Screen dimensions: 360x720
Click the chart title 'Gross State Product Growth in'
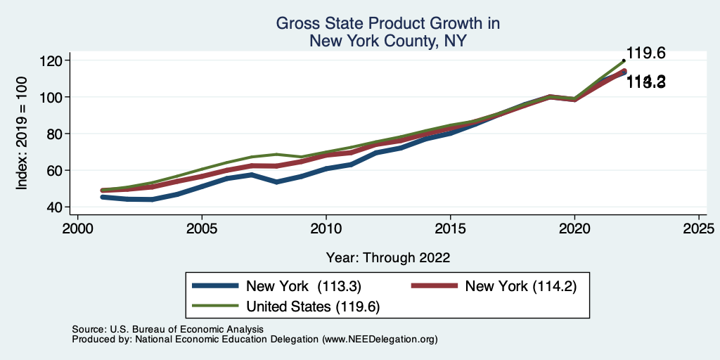pyautogui.click(x=387, y=24)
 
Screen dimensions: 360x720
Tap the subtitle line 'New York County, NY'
pyautogui.click(x=387, y=41)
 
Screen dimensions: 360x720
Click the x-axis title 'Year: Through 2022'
pyautogui.click(x=388, y=257)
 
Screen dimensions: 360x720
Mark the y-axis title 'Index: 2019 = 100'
pyautogui.click(x=22, y=134)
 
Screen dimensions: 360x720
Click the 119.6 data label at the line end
pyautogui.click(x=645, y=53)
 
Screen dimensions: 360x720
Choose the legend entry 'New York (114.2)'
pyautogui.click(x=521, y=286)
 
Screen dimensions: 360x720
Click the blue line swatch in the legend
pyautogui.click(x=216, y=286)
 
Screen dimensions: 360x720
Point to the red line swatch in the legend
pyautogui.click(x=433, y=286)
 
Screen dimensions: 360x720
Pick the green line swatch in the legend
pyautogui.click(x=216, y=306)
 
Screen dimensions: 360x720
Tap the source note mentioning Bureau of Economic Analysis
pyautogui.click(x=167, y=329)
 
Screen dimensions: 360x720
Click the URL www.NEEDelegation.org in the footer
pyautogui.click(x=380, y=339)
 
